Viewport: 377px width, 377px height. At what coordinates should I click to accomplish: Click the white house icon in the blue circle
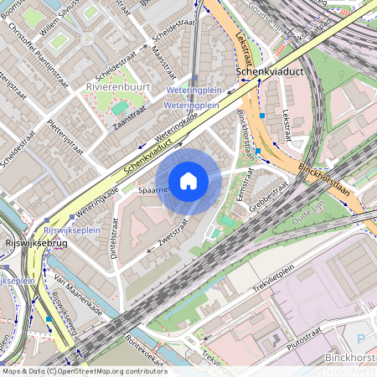click(x=188, y=180)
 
